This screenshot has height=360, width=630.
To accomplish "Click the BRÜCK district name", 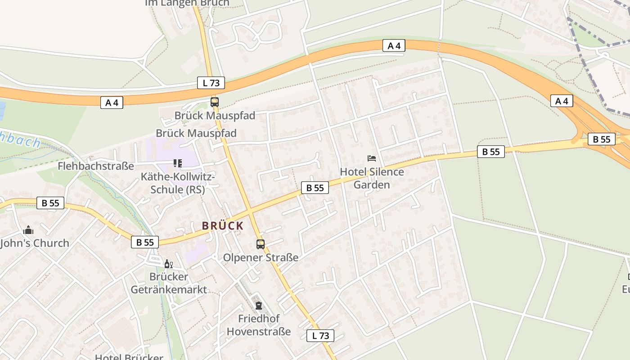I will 223,226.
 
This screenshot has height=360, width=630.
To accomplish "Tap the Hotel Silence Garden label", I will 372,178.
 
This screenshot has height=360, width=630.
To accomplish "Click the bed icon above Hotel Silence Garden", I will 372,158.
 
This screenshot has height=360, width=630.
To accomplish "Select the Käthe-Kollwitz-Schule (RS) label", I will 178,183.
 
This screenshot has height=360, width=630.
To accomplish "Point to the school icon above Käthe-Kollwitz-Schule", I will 178,163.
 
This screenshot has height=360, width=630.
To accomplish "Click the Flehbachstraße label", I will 96,166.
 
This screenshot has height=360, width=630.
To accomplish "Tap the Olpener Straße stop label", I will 261,258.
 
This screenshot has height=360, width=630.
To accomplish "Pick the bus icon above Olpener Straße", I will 261,244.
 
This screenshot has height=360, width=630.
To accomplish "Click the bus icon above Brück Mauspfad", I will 215,102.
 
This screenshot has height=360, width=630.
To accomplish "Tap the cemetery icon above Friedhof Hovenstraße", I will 259,306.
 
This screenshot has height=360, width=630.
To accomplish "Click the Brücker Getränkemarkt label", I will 169,283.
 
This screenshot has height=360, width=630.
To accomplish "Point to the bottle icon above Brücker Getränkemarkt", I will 168,264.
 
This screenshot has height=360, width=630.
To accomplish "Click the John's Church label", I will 35,243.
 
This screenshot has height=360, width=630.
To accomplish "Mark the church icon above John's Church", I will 28,230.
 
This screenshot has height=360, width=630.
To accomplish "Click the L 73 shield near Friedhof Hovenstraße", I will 320,335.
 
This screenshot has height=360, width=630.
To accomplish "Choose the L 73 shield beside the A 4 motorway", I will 211,83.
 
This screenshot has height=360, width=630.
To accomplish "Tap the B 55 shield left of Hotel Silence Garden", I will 315,188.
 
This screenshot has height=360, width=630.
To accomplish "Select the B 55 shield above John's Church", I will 50,203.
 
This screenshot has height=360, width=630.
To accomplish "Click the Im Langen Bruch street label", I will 187,3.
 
